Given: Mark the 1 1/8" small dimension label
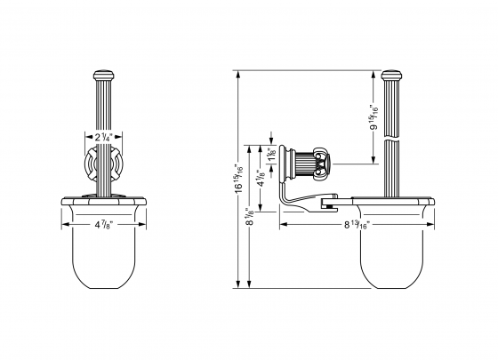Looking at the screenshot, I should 270,154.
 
